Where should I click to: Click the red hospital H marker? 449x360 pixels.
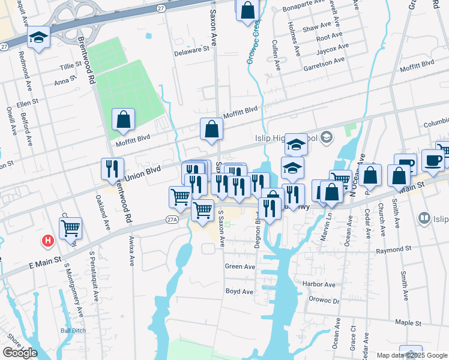pyautogui.click(x=47, y=241)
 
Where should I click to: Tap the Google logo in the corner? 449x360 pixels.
pyautogui.click(x=20, y=353)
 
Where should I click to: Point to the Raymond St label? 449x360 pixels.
pyautogui.click(x=393, y=248)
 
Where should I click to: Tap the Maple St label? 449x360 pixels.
pyautogui.click(x=408, y=323)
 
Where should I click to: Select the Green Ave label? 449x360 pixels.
pyautogui.click(x=240, y=266)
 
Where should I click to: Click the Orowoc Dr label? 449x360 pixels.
pyautogui.click(x=324, y=301)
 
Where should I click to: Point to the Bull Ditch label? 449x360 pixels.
pyautogui.click(x=73, y=330)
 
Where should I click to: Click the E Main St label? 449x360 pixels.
pyautogui.click(x=44, y=261)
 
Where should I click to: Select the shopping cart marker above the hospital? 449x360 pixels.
pyautogui.click(x=71, y=227)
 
